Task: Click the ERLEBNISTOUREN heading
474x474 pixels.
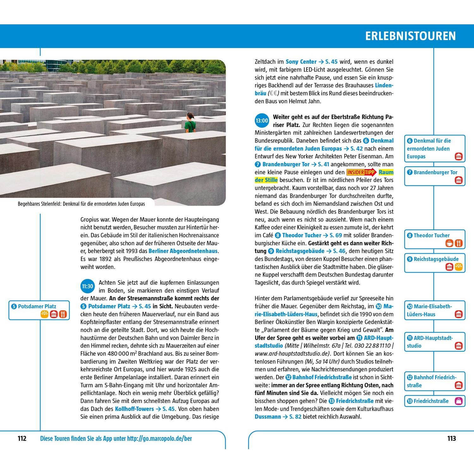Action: pyautogui.click(x=410, y=36)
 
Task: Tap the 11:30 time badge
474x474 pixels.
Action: pyautogui.click(x=88, y=287)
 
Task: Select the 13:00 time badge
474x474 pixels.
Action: pyautogui.click(x=262, y=121)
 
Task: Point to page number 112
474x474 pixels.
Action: pyautogui.click(x=22, y=439)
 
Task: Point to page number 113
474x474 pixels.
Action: pyautogui.click(x=452, y=439)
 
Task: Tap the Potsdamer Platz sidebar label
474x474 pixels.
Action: pyautogui.click(x=37, y=306)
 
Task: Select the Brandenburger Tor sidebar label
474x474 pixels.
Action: pyautogui.click(x=435, y=172)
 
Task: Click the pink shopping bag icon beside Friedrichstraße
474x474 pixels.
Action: pyautogui.click(x=459, y=401)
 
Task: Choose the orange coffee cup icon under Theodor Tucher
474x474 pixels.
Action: pyautogui.click(x=449, y=243)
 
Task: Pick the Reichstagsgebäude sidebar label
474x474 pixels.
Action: pyautogui.click(x=436, y=259)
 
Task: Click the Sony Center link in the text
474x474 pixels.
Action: pyautogui.click(x=301, y=62)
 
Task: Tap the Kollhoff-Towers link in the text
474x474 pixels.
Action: pyautogui.click(x=134, y=409)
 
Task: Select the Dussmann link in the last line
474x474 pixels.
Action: pyautogui.click(x=268, y=417)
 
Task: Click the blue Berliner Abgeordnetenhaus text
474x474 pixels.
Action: pyautogui.click(x=183, y=251)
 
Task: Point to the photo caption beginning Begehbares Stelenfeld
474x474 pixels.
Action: pyautogui.click(x=81, y=204)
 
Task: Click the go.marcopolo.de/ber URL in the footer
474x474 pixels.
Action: pyautogui.click(x=160, y=439)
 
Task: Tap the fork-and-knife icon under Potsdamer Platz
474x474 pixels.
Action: pyautogui.click(x=63, y=314)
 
